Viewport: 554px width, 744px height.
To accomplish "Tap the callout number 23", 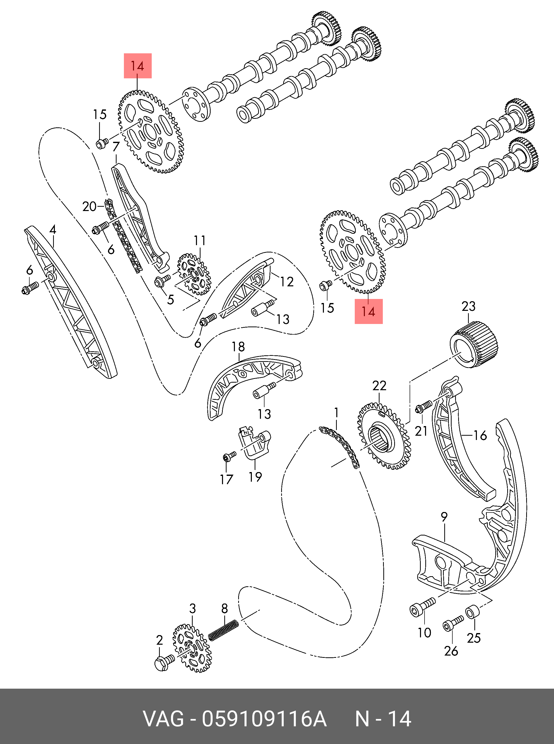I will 469,306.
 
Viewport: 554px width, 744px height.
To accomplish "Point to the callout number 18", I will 238,346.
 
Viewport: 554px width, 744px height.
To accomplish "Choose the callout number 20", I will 89,206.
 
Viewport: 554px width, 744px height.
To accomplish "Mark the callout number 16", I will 480,435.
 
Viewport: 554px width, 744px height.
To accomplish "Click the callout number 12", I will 287,282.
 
